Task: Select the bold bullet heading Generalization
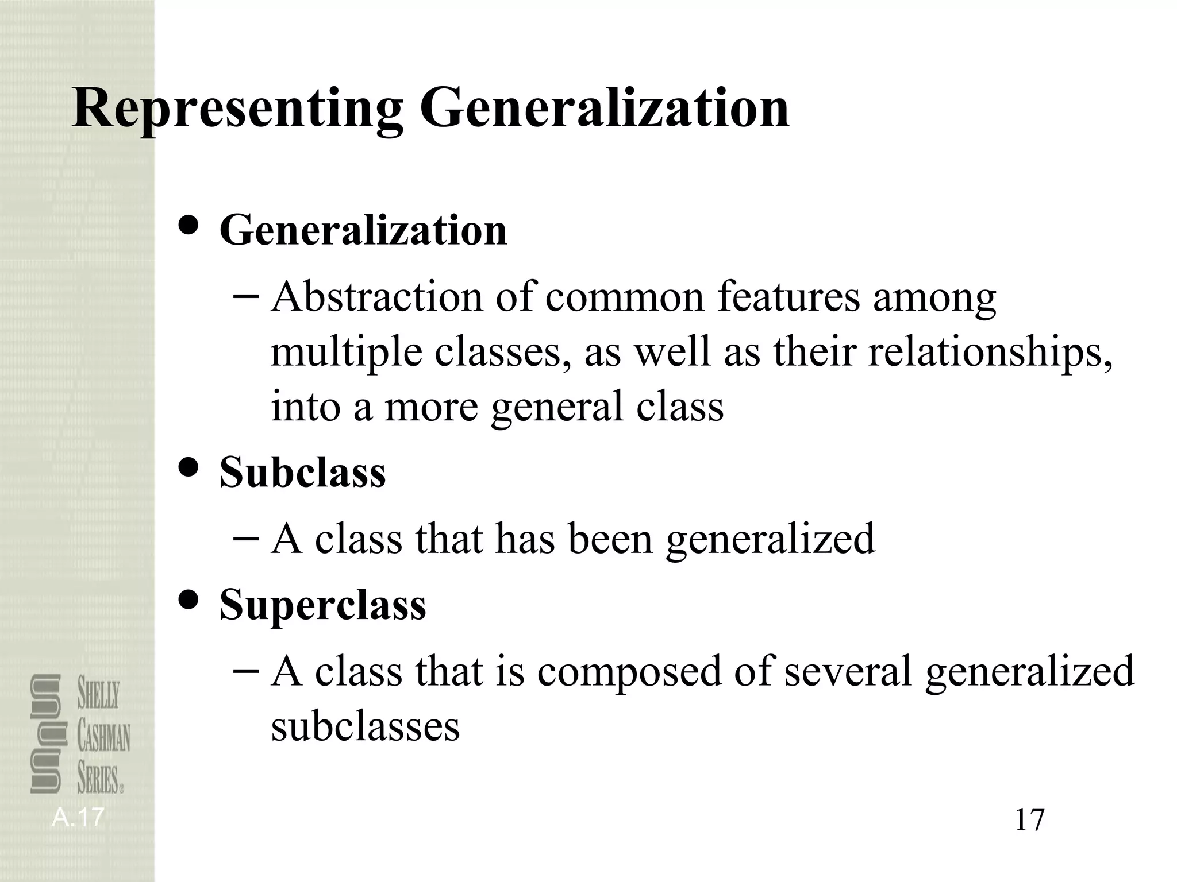(x=363, y=230)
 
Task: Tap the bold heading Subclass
(x=302, y=472)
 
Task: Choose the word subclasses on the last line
(x=365, y=726)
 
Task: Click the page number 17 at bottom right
(x=1029, y=819)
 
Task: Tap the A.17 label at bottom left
(x=78, y=817)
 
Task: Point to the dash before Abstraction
(x=247, y=297)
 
